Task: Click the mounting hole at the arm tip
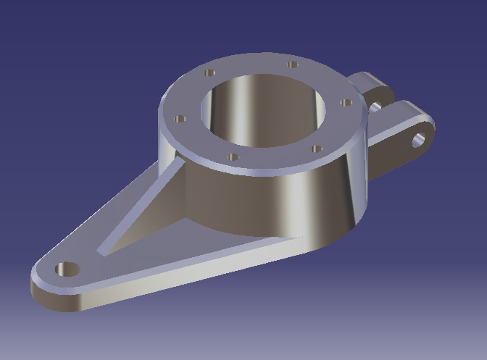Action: point(67,269)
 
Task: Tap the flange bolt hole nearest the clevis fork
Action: point(345,104)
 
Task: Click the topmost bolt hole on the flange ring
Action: point(293,64)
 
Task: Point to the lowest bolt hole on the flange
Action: point(233,156)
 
